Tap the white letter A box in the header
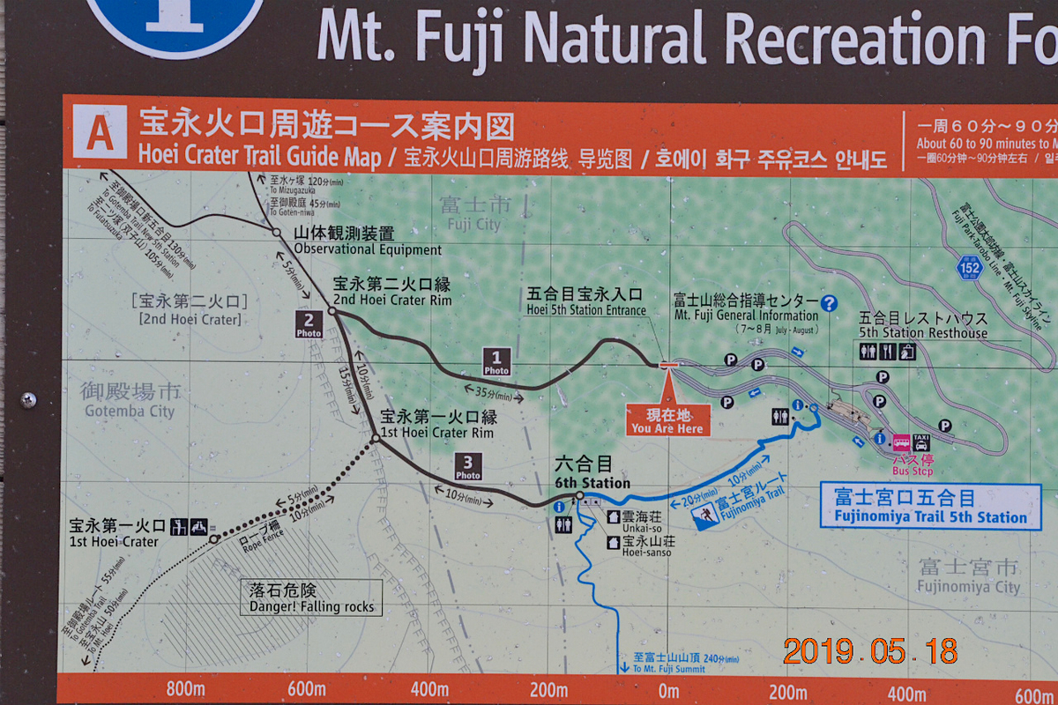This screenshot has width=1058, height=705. pos(100,133)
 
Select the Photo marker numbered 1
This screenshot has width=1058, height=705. pos(496,361)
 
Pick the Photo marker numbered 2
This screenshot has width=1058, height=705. pos(309,324)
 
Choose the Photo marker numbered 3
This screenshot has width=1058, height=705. pos(468,467)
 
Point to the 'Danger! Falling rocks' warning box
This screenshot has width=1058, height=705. pos(311,597)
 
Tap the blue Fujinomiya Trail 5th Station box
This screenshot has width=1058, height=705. pos(930,507)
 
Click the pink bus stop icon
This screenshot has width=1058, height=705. pos(902,442)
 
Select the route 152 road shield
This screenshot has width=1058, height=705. pos(970,265)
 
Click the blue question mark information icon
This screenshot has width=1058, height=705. pos(829,303)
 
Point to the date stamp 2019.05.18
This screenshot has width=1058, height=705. pos(869,650)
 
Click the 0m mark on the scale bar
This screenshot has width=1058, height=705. pos(668,691)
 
